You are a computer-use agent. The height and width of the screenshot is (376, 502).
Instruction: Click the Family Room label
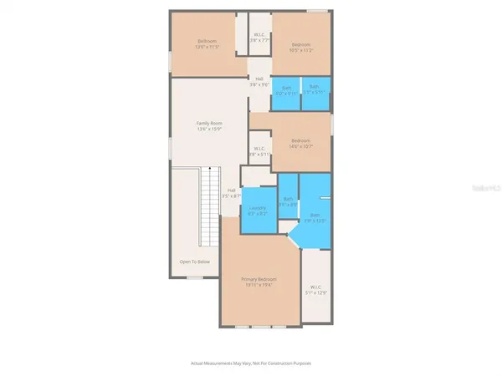point(209,123)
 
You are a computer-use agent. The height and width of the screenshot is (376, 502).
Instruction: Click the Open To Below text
point(194,262)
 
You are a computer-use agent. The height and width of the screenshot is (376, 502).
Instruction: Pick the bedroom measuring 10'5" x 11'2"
point(301,47)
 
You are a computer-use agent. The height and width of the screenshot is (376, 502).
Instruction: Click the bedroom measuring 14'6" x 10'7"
point(301,143)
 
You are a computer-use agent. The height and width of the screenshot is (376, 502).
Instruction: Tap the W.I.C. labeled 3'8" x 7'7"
point(259,38)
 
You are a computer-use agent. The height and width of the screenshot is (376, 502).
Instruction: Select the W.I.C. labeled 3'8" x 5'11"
point(259,151)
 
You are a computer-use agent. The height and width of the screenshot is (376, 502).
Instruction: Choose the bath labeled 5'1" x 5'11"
point(314,90)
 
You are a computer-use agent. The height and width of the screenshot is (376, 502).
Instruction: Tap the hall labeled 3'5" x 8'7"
point(231,192)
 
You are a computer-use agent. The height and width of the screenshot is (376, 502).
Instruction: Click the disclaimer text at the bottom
point(250,363)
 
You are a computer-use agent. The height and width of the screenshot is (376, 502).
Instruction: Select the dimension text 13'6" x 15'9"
point(209,128)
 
